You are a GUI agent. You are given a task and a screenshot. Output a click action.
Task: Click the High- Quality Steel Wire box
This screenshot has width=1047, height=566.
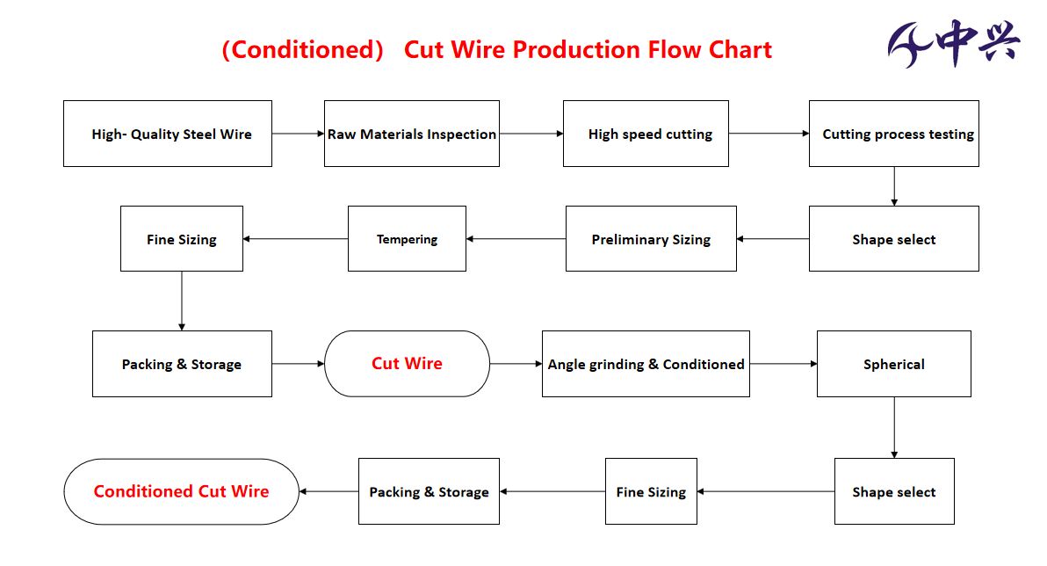point(168,134)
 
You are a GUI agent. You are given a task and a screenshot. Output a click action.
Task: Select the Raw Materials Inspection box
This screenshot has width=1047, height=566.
point(412,134)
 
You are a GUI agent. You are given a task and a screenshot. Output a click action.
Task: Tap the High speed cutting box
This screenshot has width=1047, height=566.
point(646,134)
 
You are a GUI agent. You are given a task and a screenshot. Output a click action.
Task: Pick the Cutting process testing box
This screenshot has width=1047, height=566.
point(894,134)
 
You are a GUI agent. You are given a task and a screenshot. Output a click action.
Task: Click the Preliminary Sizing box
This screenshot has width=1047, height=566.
point(651,238)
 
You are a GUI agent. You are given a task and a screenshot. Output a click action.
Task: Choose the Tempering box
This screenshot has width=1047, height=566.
point(408,238)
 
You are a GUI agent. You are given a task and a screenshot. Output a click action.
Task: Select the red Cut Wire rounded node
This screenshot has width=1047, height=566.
point(408,364)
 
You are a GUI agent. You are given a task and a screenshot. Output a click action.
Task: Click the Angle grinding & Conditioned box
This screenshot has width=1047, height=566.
point(646,364)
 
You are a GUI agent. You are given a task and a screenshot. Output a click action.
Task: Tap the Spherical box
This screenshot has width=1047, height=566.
point(894,364)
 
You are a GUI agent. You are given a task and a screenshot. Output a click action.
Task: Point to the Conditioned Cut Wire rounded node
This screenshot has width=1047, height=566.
point(182,491)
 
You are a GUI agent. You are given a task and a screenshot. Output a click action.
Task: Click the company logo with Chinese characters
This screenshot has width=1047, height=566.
point(954,43)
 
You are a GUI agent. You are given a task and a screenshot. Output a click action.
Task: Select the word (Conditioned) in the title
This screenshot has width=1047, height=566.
point(302,49)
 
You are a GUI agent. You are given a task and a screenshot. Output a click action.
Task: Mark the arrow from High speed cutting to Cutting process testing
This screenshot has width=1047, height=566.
point(769,134)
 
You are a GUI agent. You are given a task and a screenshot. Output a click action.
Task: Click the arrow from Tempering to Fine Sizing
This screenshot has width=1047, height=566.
point(296,238)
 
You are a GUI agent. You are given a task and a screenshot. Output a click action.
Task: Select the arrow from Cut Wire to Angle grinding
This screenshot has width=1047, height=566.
point(516,364)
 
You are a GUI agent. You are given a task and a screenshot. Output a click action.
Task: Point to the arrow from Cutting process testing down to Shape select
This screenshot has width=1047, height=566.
point(894,186)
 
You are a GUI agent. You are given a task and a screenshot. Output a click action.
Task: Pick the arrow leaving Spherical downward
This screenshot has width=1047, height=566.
point(894,428)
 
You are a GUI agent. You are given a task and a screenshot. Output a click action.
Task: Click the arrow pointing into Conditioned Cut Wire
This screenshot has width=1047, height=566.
point(329,491)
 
